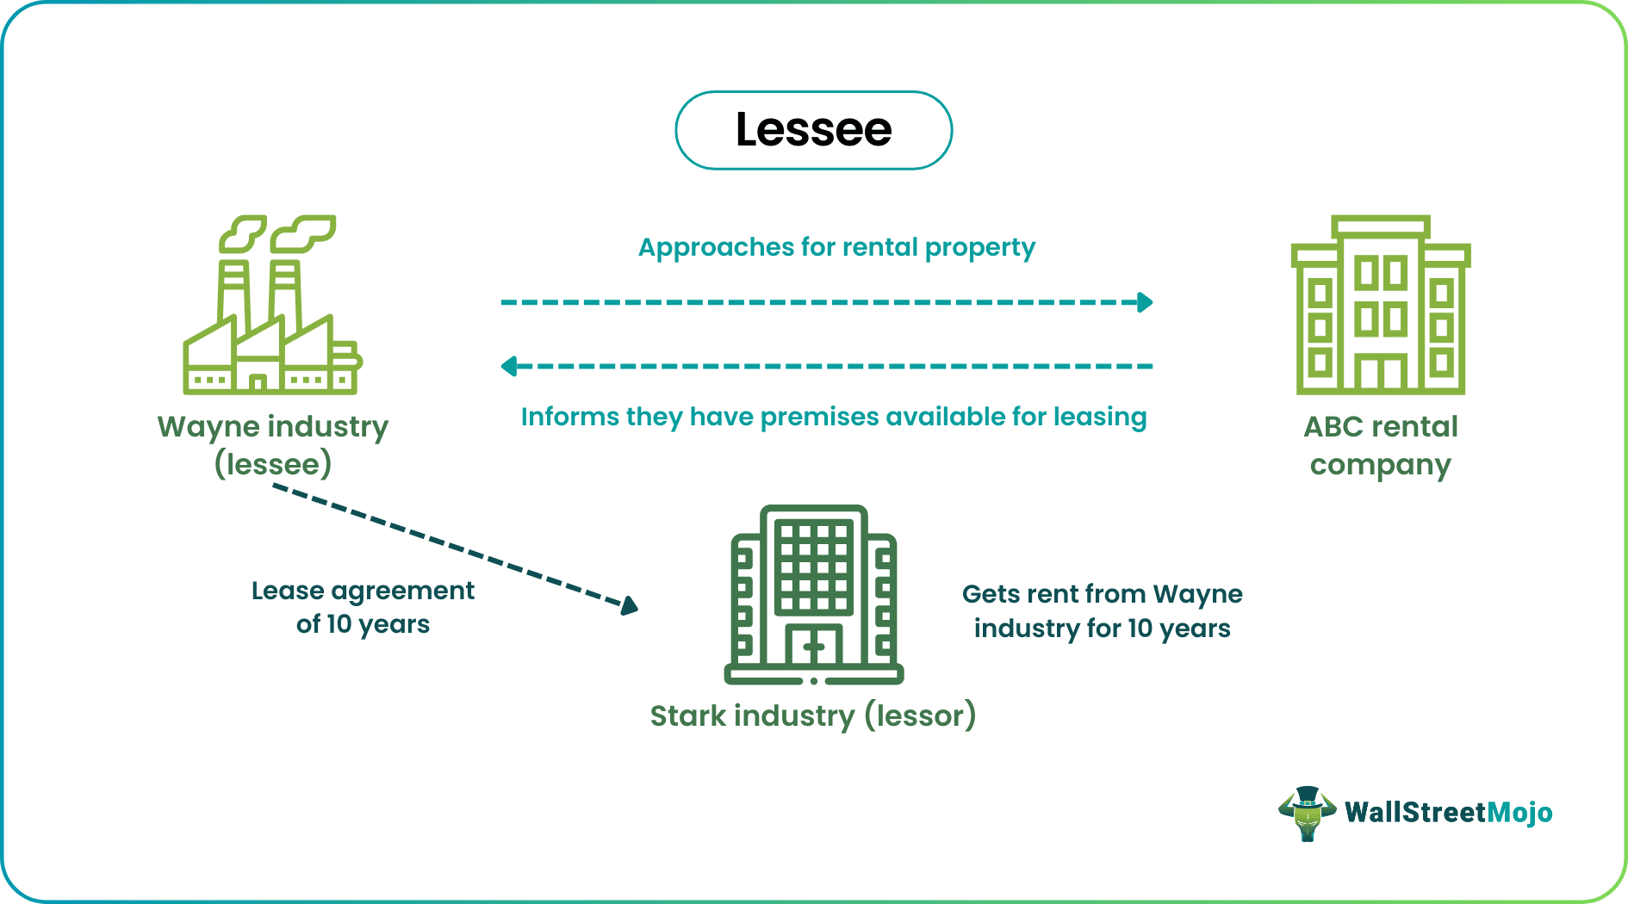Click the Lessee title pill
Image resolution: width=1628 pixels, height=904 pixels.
pos(813,131)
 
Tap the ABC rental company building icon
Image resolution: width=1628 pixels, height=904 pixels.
pos(1381,306)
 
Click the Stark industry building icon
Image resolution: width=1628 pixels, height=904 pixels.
pos(814,594)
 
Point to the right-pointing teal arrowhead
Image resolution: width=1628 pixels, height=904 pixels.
pos(1145,302)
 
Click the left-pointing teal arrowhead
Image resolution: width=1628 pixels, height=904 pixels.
pos(509,367)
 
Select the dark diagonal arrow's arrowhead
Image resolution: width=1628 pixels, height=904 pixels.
pos(630,605)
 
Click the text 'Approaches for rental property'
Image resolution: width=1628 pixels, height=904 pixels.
pos(836,248)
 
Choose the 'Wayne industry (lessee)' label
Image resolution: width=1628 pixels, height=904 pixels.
pos(273,445)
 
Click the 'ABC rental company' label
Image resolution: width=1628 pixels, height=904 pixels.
pos(1380,445)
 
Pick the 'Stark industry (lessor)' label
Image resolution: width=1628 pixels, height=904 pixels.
pos(812,715)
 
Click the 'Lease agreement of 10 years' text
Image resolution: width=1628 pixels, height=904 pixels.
pos(363,607)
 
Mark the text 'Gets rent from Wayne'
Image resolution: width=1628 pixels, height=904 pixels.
pos(1102,594)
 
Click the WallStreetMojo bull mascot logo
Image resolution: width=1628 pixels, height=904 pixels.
pos(1307,813)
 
